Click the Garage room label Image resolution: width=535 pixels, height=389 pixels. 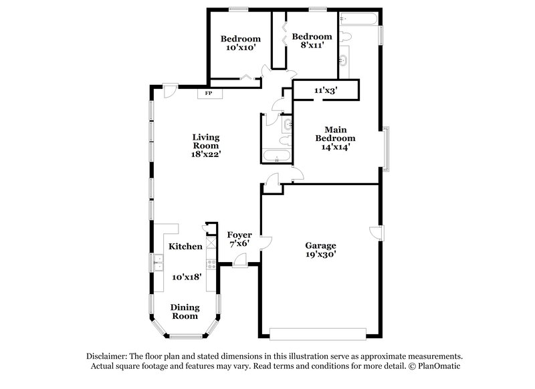pyautogui.click(x=321, y=245)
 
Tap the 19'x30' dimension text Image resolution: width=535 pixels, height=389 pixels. pyautogui.click(x=321, y=254)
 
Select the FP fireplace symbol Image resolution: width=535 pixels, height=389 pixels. pyautogui.click(x=209, y=93)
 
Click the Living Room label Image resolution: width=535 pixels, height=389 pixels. pyautogui.click(x=206, y=142)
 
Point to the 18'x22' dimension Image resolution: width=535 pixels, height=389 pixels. pyautogui.click(x=206, y=154)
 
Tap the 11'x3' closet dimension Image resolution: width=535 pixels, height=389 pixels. pyautogui.click(x=326, y=90)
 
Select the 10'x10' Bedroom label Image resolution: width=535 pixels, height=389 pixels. pyautogui.click(x=241, y=43)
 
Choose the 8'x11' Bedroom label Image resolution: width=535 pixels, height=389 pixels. pyautogui.click(x=312, y=41)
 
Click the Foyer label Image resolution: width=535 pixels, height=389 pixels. pyautogui.click(x=239, y=235)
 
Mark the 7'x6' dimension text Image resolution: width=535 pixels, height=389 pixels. pyautogui.click(x=239, y=243)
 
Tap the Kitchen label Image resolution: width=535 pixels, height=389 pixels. pyautogui.click(x=185, y=247)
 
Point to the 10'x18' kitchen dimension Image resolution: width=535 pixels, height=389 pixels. pyautogui.click(x=187, y=276)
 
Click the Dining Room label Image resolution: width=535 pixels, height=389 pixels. pyautogui.click(x=184, y=312)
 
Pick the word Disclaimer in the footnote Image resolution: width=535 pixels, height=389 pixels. pyautogui.click(x=110, y=356)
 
